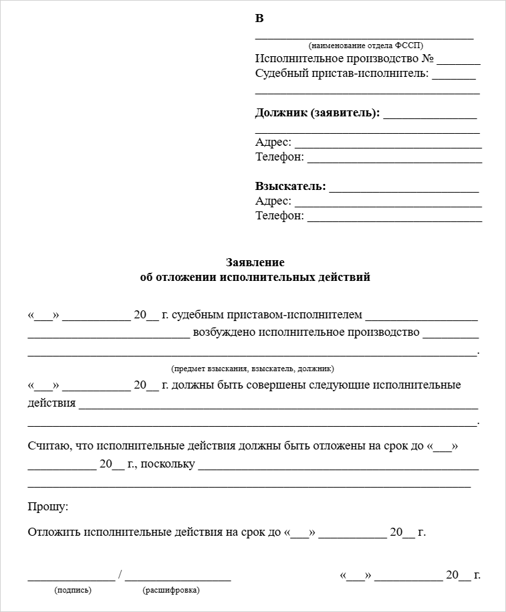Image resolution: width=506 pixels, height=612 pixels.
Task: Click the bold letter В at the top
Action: [x=259, y=19]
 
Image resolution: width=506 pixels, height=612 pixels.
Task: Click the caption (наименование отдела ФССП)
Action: [x=366, y=45]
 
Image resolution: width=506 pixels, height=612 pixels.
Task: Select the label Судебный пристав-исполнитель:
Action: [x=342, y=74]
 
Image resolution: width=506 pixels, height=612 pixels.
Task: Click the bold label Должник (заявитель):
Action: [x=318, y=112]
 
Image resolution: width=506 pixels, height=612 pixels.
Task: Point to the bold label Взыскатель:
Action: [x=291, y=186]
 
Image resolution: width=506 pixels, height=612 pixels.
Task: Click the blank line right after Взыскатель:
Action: [x=404, y=190]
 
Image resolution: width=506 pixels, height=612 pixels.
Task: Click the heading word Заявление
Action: [x=255, y=262]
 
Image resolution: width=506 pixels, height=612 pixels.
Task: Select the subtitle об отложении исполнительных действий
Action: [x=255, y=277]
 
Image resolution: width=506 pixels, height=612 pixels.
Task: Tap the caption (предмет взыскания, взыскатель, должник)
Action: [x=253, y=369]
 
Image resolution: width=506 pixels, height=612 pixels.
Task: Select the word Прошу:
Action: [x=48, y=507]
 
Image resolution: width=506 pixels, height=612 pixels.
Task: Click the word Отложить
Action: [x=54, y=532]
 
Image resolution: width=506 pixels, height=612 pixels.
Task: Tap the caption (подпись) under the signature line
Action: [x=73, y=590]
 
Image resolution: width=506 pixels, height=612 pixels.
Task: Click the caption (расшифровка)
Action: [x=171, y=590]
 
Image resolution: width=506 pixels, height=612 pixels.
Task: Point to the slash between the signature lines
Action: [x=120, y=575]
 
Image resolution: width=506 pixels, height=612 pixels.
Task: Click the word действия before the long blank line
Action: [x=51, y=404]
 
